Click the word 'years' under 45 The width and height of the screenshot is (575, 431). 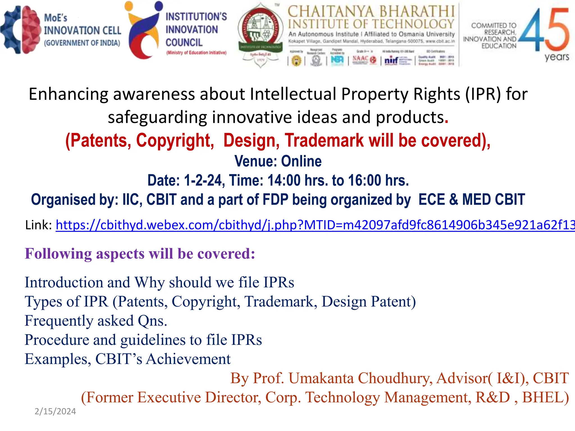pyautogui.click(x=557, y=57)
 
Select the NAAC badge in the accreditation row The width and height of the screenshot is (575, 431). pyautogui.click(x=364, y=59)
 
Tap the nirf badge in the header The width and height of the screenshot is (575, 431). pyautogui.click(x=391, y=60)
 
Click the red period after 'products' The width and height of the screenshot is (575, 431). pyautogui.click(x=447, y=118)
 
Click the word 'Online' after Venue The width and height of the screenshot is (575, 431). pyautogui.click(x=301, y=161)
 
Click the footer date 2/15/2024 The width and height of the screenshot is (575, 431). pyautogui.click(x=55, y=411)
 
